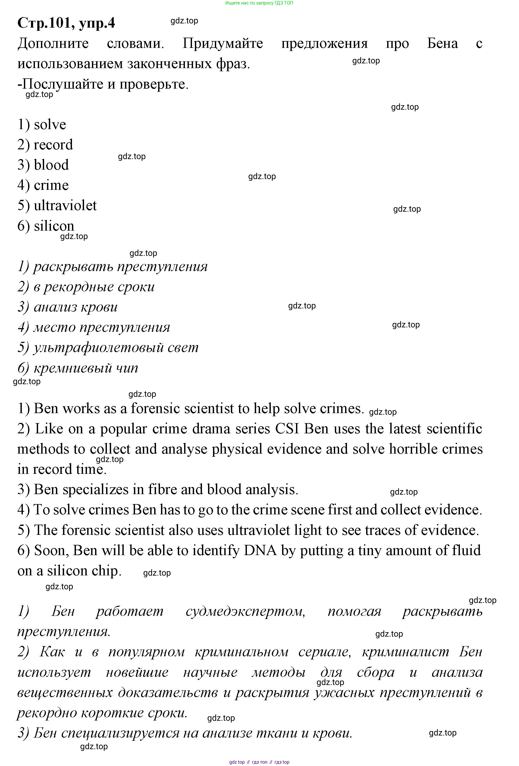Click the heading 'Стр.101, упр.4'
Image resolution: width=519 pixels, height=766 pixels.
pyautogui.click(x=66, y=23)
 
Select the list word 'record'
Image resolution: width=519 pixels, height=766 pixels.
pyautogui.click(x=53, y=145)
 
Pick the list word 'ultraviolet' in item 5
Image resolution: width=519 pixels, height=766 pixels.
pyautogui.click(x=65, y=205)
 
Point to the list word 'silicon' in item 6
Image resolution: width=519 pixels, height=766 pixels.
pyautogui.click(x=54, y=226)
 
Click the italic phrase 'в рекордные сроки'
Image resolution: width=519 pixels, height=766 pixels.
pyautogui.click(x=94, y=287)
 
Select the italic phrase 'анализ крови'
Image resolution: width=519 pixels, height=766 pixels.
pyautogui.click(x=75, y=307)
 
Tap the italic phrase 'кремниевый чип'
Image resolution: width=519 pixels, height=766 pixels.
pyautogui.click(x=86, y=368)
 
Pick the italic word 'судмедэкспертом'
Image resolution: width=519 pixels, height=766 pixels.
pyautogui.click(x=245, y=611)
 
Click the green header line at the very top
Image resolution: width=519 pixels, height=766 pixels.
pyautogui.click(x=259, y=3)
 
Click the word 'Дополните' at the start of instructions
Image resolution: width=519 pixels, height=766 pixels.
pyautogui.click(x=53, y=43)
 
